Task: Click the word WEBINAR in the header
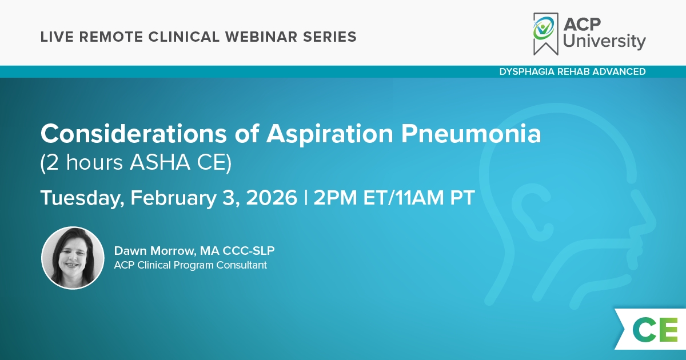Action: tap(261, 37)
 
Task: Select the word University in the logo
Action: tap(604, 41)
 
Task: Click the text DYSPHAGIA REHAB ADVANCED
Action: tap(572, 71)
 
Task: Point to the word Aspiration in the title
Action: tap(329, 134)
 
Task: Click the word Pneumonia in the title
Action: tap(471, 134)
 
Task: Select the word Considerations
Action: tap(134, 134)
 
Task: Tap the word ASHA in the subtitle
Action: tap(160, 162)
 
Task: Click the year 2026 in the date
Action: tap(272, 198)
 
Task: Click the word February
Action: tap(174, 198)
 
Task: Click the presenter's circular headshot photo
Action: tap(73, 258)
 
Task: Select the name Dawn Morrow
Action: tap(155, 251)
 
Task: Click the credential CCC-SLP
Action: tap(248, 251)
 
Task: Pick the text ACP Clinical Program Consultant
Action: tap(190, 265)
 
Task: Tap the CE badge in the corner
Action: tap(652, 329)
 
